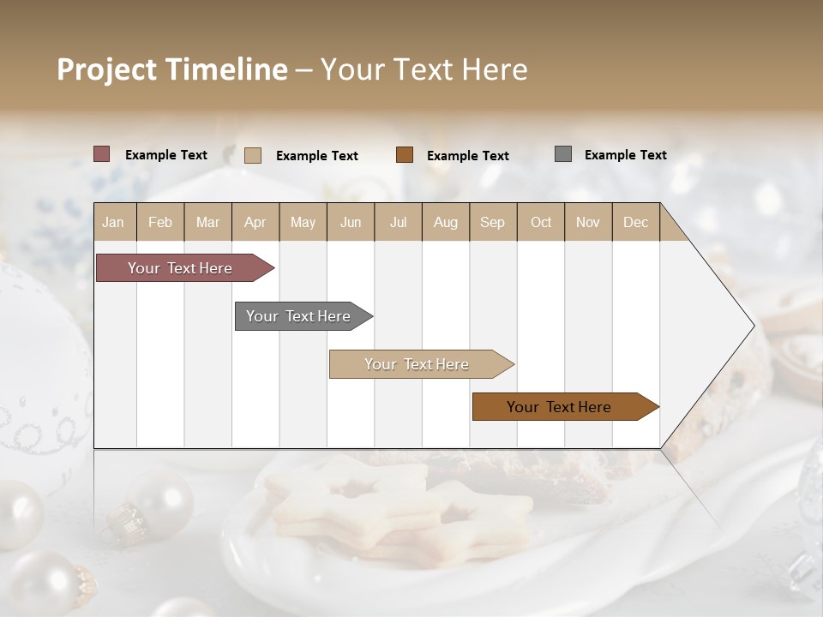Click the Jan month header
click(x=113, y=222)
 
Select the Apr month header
click(x=255, y=222)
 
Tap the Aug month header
click(x=445, y=222)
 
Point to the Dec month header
click(x=635, y=222)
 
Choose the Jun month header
click(x=350, y=222)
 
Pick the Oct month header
click(x=540, y=222)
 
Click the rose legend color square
click(x=102, y=154)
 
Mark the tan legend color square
click(x=253, y=155)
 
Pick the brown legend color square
click(x=405, y=155)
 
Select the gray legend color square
click(x=563, y=154)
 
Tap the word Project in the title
click(x=107, y=69)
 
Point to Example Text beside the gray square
click(x=625, y=155)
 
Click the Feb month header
click(x=160, y=222)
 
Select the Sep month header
click(x=492, y=222)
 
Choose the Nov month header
click(x=587, y=222)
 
